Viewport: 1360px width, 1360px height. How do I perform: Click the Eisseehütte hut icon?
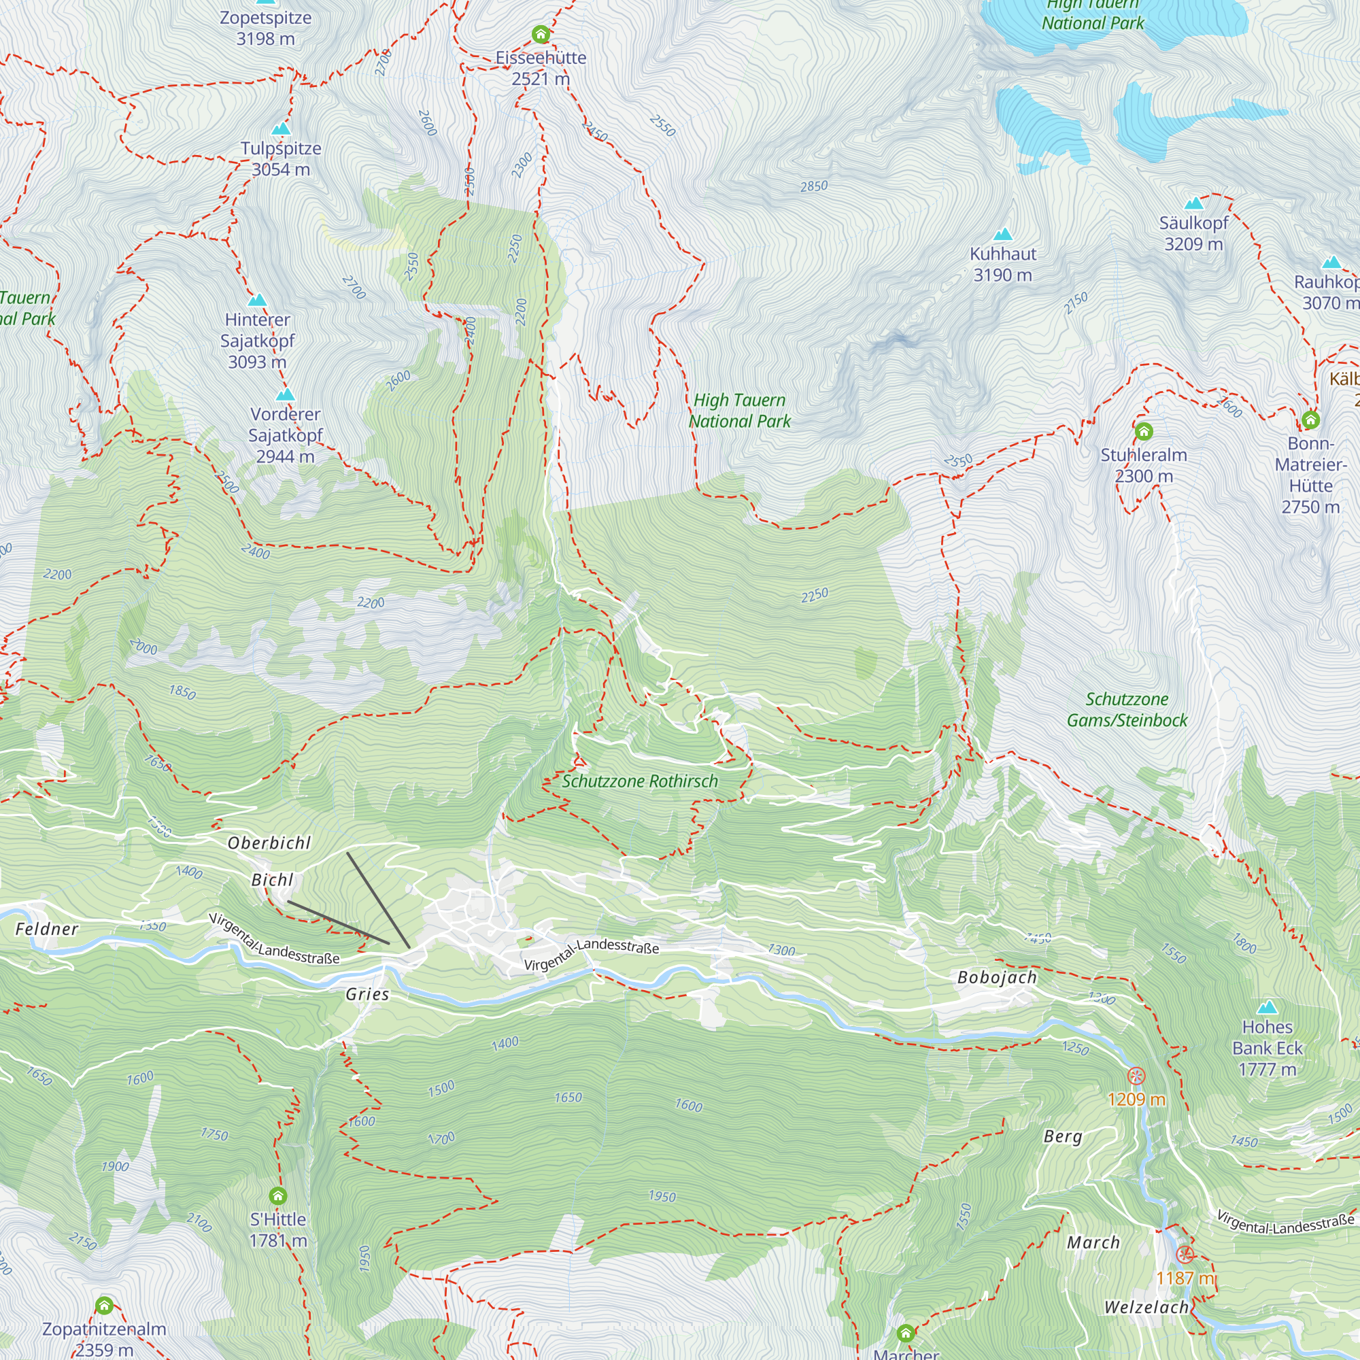541,34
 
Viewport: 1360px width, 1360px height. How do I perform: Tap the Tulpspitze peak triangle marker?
281,129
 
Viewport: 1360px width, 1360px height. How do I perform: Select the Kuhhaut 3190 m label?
1002,264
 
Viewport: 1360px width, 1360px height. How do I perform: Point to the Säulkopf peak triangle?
1194,204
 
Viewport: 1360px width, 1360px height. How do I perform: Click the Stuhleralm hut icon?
1144,431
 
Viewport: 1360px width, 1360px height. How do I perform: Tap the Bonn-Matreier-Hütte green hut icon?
1310,420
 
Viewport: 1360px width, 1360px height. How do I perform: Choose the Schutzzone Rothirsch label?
639,781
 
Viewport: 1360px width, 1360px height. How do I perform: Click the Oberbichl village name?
269,843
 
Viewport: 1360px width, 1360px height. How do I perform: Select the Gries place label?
367,994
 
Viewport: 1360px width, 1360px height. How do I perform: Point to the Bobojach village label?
997,977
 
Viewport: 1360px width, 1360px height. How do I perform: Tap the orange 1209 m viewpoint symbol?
1136,1076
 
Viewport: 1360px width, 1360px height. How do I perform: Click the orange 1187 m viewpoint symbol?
1185,1254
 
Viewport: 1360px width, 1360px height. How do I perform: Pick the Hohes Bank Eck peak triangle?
1267,1006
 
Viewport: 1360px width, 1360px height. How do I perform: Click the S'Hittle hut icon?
278,1195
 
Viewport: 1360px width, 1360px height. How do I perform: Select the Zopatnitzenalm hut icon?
104,1306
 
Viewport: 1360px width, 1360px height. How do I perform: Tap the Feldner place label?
46,929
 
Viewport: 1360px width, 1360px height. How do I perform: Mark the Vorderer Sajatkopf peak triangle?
285,395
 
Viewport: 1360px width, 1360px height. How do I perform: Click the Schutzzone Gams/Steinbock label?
1126,709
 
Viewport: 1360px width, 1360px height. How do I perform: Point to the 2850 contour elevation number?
814,186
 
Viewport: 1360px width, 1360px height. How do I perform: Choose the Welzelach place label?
1146,1307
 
